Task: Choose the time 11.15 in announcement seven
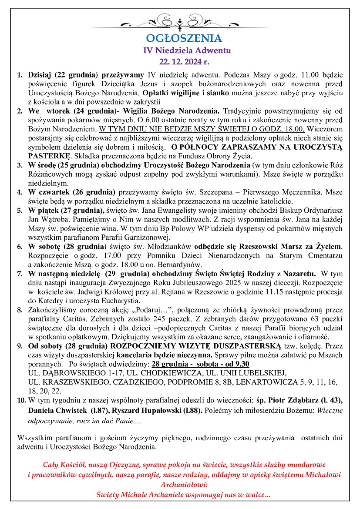pos(266,292)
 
